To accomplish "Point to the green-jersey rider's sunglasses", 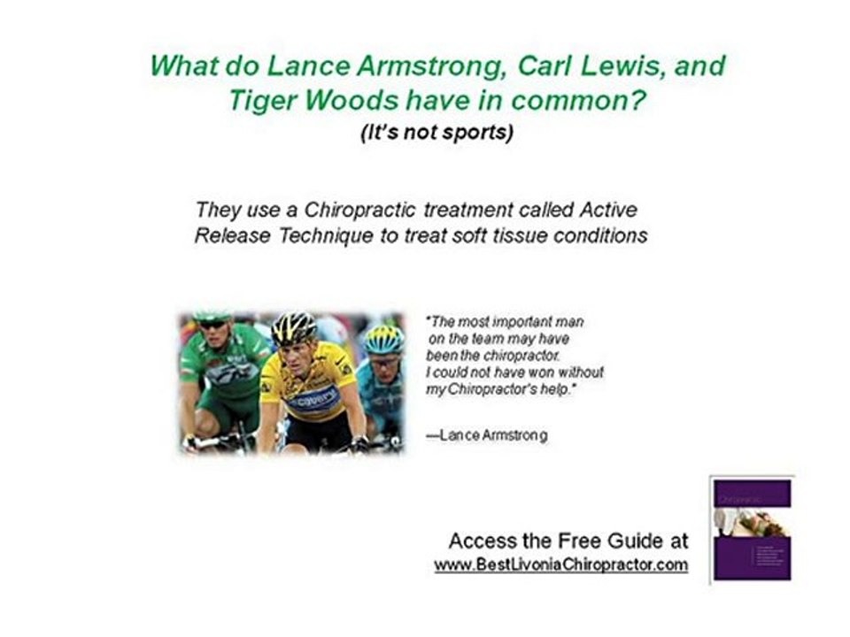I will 212,325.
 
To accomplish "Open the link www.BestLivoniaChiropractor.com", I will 560,565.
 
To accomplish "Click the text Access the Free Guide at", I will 568,541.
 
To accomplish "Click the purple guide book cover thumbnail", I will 752,528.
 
